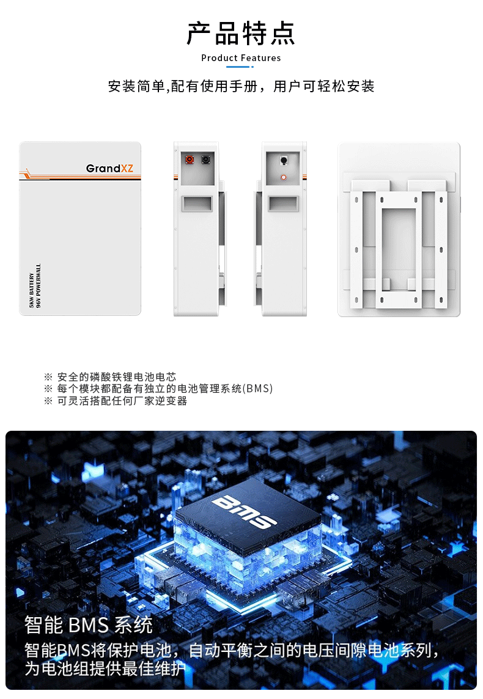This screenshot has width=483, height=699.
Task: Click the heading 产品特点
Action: pos(241,34)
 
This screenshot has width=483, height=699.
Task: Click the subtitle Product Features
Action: pos(241,58)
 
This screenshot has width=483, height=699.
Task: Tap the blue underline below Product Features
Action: pos(240,67)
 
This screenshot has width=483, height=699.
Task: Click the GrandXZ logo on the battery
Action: pos(109,168)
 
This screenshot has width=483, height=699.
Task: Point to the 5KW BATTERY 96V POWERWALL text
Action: pos(35,286)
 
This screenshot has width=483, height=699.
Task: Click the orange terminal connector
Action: pos(190,159)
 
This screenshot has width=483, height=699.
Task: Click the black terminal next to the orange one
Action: pos(205,159)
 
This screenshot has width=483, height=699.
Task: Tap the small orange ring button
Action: pos(283,177)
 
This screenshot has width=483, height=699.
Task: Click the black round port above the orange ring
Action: pos(284,160)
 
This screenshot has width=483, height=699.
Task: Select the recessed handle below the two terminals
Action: pos(197,203)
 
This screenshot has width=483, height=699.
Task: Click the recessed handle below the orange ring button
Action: pos(283,203)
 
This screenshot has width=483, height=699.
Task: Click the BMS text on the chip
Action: pos(243,511)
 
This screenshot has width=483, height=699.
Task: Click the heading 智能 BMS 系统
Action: pos(88,624)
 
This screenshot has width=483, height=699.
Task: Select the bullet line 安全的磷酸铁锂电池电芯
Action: pos(116,377)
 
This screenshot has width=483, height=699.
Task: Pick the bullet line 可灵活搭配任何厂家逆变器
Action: pos(122,401)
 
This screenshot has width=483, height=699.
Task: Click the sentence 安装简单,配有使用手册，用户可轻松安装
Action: pos(241,86)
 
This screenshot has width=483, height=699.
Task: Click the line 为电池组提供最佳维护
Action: pos(105,668)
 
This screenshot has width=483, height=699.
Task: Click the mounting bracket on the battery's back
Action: pos(398,250)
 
